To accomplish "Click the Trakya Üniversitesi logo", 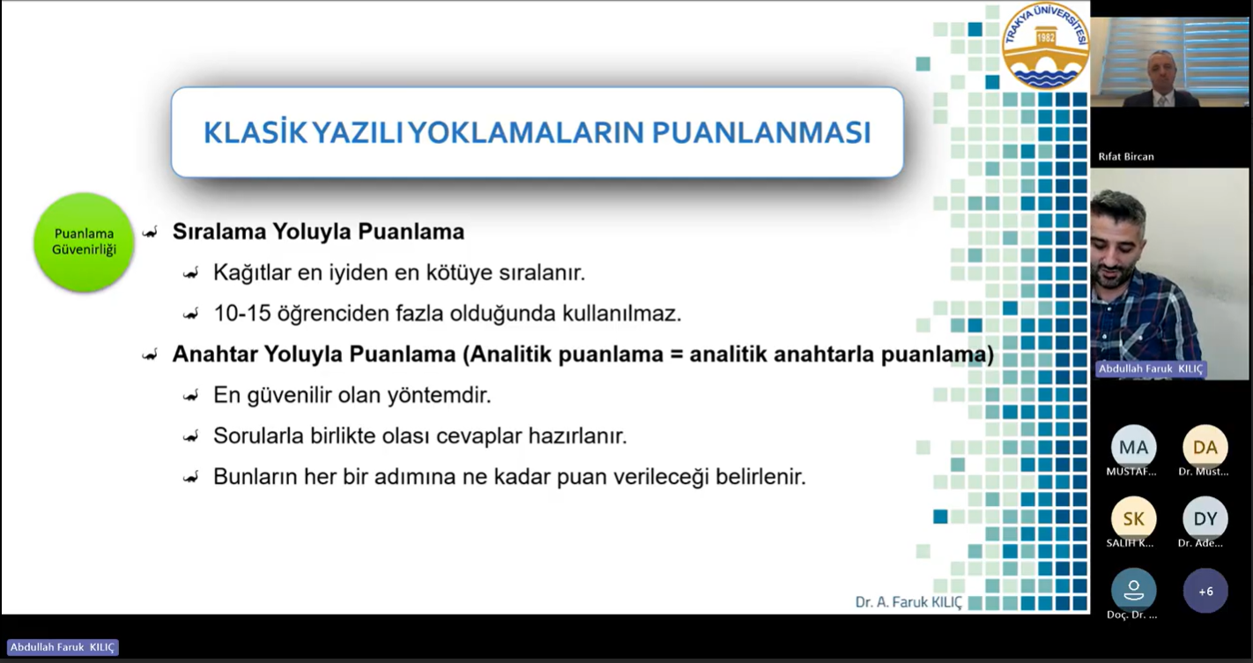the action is coord(1045,46).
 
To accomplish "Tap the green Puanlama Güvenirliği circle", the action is coord(84,242).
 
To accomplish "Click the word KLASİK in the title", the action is coord(255,132).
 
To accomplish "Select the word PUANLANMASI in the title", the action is coord(761,132).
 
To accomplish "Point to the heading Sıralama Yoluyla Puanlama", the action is coord(318,232).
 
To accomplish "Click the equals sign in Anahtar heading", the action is coord(676,354).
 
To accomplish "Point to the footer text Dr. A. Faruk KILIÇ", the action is coord(908,602).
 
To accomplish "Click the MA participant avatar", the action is coord(1133,447).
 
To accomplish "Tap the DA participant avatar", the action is coord(1205,447).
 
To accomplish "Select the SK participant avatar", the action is coord(1133,518).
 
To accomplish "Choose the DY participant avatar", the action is coord(1205,518).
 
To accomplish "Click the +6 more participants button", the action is coord(1205,591).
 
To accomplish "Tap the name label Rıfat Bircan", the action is coord(1126,157).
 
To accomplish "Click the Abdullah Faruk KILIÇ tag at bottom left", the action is coord(63,647).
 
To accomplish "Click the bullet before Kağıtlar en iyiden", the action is coord(190,273).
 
